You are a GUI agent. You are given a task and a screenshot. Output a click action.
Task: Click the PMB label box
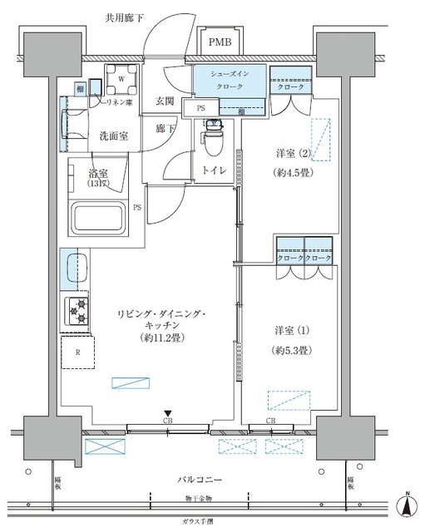pyautogui.click(x=221, y=42)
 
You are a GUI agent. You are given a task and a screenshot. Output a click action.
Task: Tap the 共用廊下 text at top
pyautogui.click(x=124, y=17)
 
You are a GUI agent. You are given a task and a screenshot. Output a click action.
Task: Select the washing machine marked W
pyautogui.click(x=121, y=80)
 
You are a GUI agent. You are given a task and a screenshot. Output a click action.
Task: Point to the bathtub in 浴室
pyautogui.click(x=98, y=220)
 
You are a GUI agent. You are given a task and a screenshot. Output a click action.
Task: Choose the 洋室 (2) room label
pyautogui.click(x=294, y=153)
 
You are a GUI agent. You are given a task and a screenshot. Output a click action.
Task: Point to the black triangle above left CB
pyautogui.click(x=168, y=413)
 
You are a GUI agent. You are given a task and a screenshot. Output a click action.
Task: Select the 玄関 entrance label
pyautogui.click(x=165, y=101)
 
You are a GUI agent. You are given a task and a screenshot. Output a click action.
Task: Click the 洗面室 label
pyautogui.click(x=113, y=135)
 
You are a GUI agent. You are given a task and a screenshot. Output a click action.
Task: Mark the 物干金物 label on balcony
pyautogui.click(x=198, y=498)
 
